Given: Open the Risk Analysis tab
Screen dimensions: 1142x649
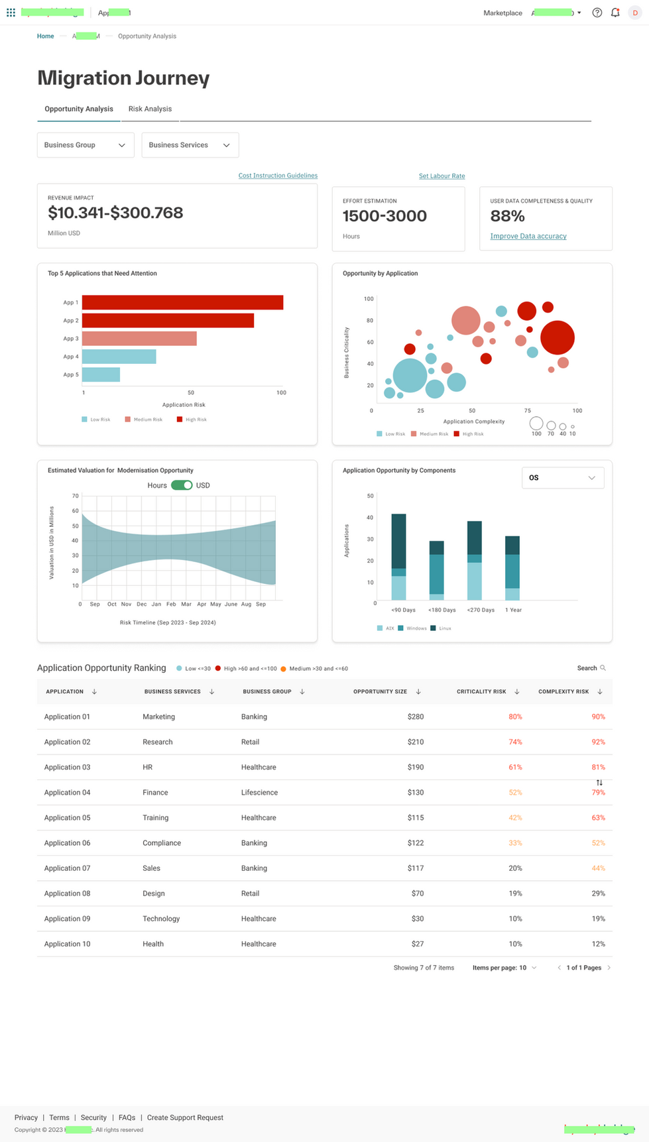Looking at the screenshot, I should [x=150, y=109].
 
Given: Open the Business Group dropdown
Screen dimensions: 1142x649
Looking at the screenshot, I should [x=85, y=145].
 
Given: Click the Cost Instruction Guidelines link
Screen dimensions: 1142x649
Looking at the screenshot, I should [x=278, y=176].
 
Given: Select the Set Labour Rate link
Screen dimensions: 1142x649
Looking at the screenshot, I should [x=442, y=176].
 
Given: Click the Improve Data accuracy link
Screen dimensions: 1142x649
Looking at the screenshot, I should [x=528, y=236].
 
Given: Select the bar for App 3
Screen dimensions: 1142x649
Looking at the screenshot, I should [x=139, y=339].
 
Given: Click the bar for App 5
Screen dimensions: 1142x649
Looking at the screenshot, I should [x=101, y=374].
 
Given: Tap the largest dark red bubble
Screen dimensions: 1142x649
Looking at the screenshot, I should [x=557, y=337].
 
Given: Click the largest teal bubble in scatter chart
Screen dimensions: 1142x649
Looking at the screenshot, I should [x=410, y=375].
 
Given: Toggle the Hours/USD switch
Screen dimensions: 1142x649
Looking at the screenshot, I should [x=182, y=485].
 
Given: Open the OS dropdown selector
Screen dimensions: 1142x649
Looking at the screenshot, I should [x=562, y=478].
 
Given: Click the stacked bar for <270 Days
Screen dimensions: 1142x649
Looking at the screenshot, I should [x=475, y=560].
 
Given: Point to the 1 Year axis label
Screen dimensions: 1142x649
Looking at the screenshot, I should [x=513, y=610].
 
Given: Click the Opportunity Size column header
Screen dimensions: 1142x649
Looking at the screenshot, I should [x=380, y=691].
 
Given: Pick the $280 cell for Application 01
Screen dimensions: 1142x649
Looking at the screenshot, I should [x=415, y=716].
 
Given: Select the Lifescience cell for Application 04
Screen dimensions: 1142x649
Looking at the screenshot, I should [x=259, y=793].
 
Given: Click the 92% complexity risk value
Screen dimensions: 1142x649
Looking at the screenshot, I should [x=598, y=742].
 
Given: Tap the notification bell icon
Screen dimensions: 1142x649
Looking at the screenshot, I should [x=615, y=13].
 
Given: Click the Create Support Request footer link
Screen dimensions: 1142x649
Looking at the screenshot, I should [x=185, y=1117].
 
